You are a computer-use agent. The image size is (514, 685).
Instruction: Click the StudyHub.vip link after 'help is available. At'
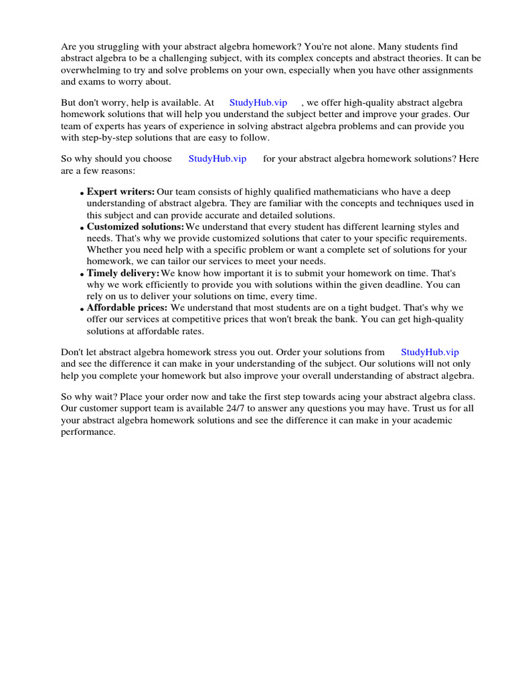pos(258,102)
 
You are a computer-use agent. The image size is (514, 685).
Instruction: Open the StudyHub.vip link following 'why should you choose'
pos(218,159)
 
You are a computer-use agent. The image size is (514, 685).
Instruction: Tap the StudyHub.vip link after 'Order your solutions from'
pos(430,352)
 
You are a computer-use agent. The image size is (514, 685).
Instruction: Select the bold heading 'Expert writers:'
pos(120,192)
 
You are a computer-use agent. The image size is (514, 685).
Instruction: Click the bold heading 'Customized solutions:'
pos(135,227)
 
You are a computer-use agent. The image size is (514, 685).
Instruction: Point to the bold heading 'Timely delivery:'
pos(123,273)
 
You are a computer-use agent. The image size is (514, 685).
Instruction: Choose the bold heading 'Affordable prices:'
pos(127,308)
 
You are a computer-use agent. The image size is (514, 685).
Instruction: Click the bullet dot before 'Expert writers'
pos(82,193)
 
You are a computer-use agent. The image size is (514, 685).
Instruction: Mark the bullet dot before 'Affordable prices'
pos(82,309)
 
